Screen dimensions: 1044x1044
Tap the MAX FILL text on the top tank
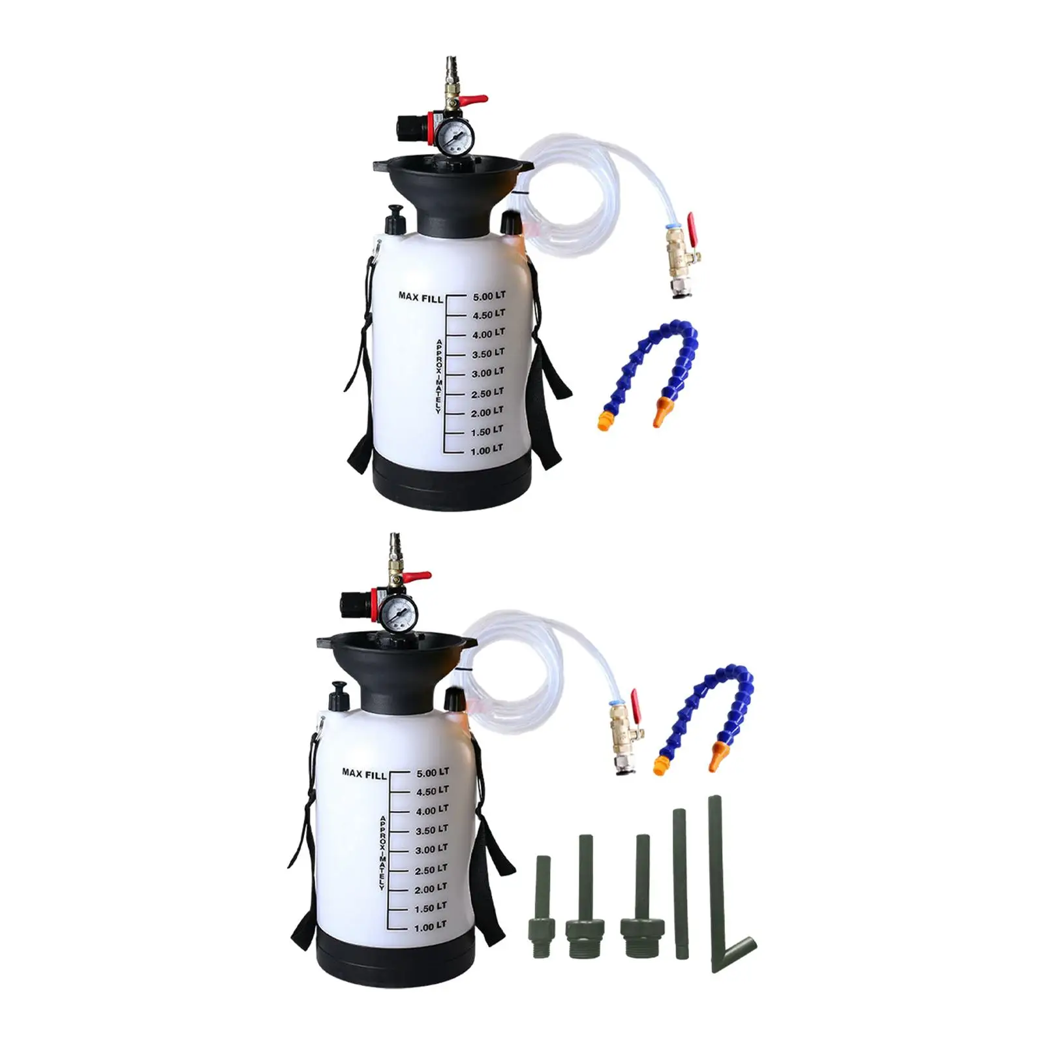coord(420,297)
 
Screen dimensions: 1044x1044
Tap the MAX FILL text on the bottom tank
coord(364,773)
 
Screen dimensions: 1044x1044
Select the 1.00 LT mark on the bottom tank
coord(431,927)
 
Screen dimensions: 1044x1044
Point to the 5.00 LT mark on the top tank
coord(489,296)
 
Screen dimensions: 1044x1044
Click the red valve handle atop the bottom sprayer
coord(418,577)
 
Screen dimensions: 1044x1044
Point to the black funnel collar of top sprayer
coord(450,196)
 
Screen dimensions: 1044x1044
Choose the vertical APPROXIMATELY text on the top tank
coord(439,376)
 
